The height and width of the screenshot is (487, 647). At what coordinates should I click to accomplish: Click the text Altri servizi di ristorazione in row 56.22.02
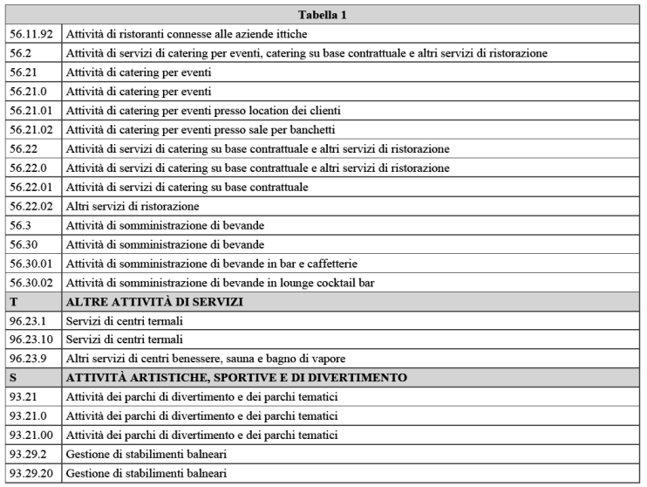pyautogui.click(x=133, y=206)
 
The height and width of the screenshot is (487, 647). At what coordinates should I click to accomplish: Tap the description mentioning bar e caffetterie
pyautogui.click(x=212, y=263)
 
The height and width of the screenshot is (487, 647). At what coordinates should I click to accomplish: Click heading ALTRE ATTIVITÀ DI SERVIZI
pyautogui.click(x=154, y=301)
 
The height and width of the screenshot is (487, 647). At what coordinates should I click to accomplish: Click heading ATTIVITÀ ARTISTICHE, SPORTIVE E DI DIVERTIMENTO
pyautogui.click(x=236, y=377)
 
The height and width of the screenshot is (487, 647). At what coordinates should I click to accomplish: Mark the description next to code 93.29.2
pyautogui.click(x=146, y=453)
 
